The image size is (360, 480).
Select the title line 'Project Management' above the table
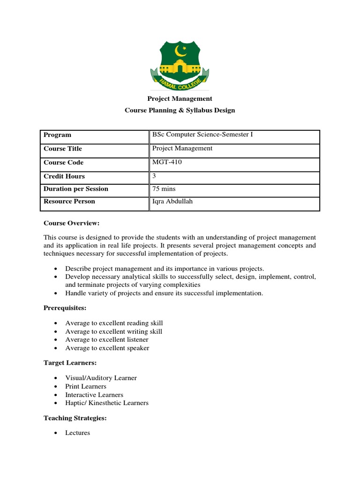pyautogui.click(x=180, y=98)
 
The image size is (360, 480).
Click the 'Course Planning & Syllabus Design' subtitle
pyautogui.click(x=180, y=111)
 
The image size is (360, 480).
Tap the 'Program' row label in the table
pyautogui.click(x=57, y=135)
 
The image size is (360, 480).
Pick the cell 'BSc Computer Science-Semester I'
pyautogui.click(x=202, y=135)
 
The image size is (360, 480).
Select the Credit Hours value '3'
pyautogui.click(x=155, y=176)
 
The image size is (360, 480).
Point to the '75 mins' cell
pyautogui.click(x=164, y=189)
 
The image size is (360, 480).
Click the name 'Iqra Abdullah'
pyautogui.click(x=171, y=202)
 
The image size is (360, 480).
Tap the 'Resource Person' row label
pyautogui.click(x=69, y=202)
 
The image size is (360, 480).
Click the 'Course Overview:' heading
pyautogui.click(x=72, y=224)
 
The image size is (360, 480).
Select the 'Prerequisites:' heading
pyautogui.click(x=65, y=308)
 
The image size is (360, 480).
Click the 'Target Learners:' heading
pyautogui.click(x=70, y=363)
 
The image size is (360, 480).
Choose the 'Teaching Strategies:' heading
pyautogui.click(x=75, y=418)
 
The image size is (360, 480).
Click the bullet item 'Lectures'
pyautogui.click(x=77, y=433)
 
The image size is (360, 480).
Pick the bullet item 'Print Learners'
pyautogui.click(x=86, y=386)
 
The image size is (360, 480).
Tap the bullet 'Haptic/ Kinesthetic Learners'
pyautogui.click(x=106, y=403)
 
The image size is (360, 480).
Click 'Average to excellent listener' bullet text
pyautogui.click(x=107, y=339)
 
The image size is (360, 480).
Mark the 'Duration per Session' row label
pyautogui.click(x=75, y=189)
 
